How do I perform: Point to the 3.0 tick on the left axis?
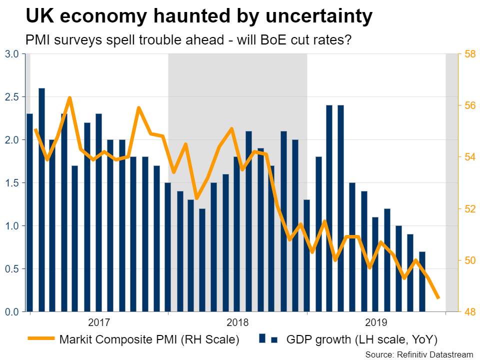click(12, 54)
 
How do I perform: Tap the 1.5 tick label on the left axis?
click(12, 183)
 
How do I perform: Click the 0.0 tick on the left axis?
click(12, 312)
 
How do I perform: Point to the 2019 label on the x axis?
click(376, 321)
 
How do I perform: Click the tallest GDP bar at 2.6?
click(41, 200)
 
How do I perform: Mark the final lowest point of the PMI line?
click(438, 298)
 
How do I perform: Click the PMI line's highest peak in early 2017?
click(69, 97)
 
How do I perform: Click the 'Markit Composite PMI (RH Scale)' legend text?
click(149, 340)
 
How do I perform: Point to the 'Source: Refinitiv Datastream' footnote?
click(418, 354)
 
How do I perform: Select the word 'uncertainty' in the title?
click(313, 17)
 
